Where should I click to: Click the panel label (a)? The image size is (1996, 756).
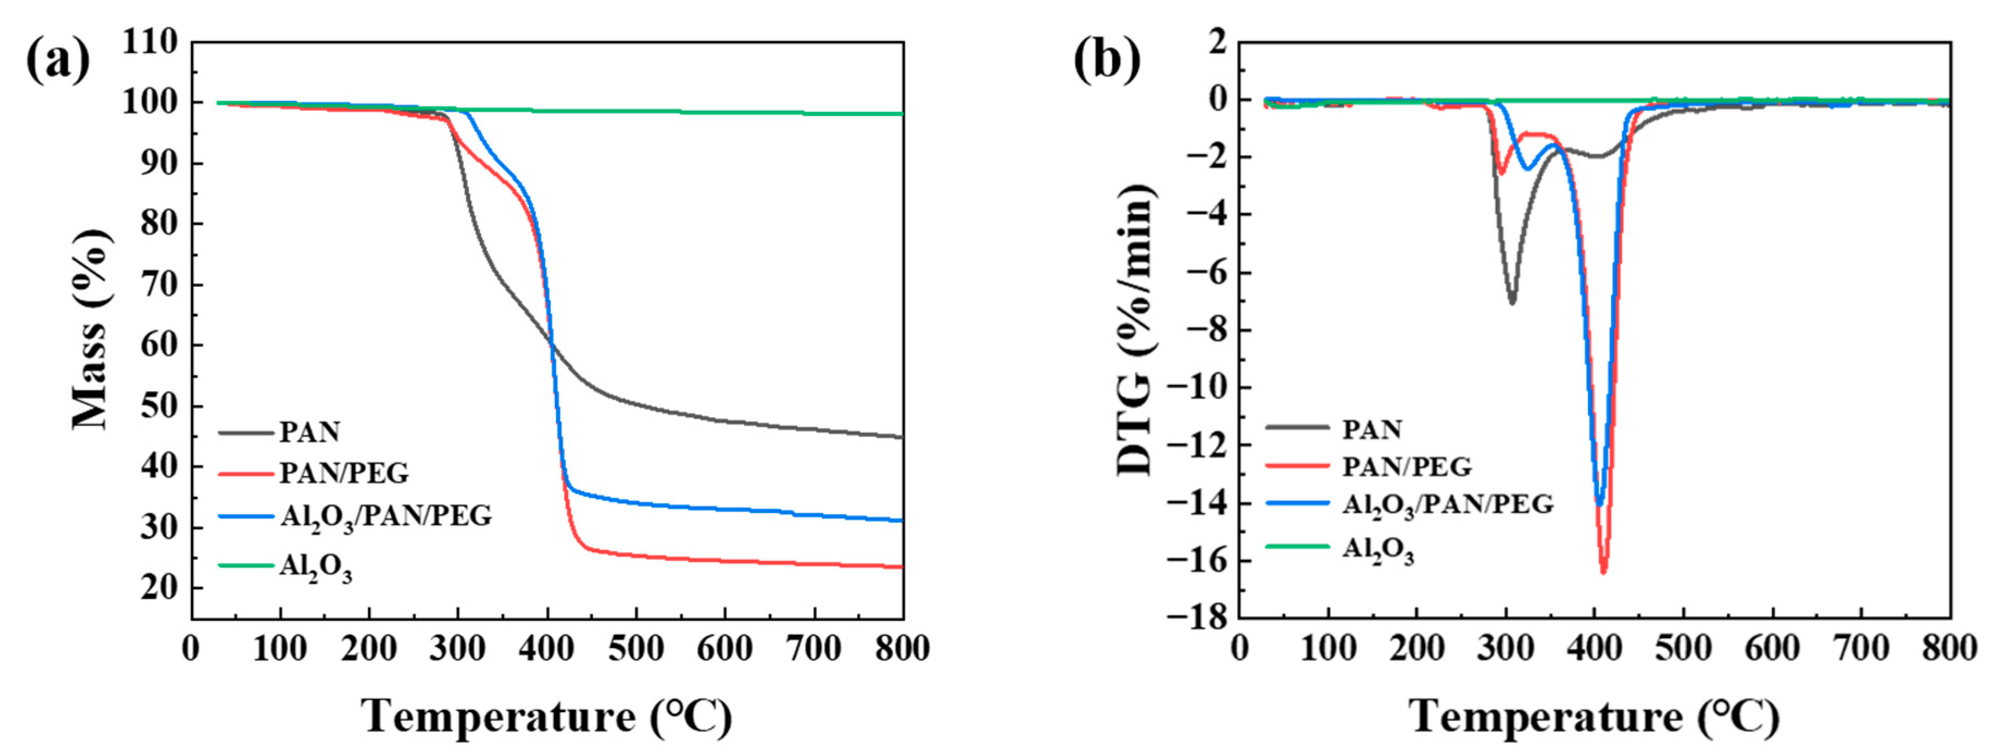coord(58,60)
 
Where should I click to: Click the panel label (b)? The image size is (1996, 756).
coord(1106,60)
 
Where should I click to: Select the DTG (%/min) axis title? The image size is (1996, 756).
coord(1136,329)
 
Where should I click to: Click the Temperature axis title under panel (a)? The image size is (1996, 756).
coord(547,716)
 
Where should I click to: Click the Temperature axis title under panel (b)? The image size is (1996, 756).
coord(1595,716)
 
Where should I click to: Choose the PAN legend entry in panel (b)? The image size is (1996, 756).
coord(1371,429)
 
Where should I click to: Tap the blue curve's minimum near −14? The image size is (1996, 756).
coord(1598,504)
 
